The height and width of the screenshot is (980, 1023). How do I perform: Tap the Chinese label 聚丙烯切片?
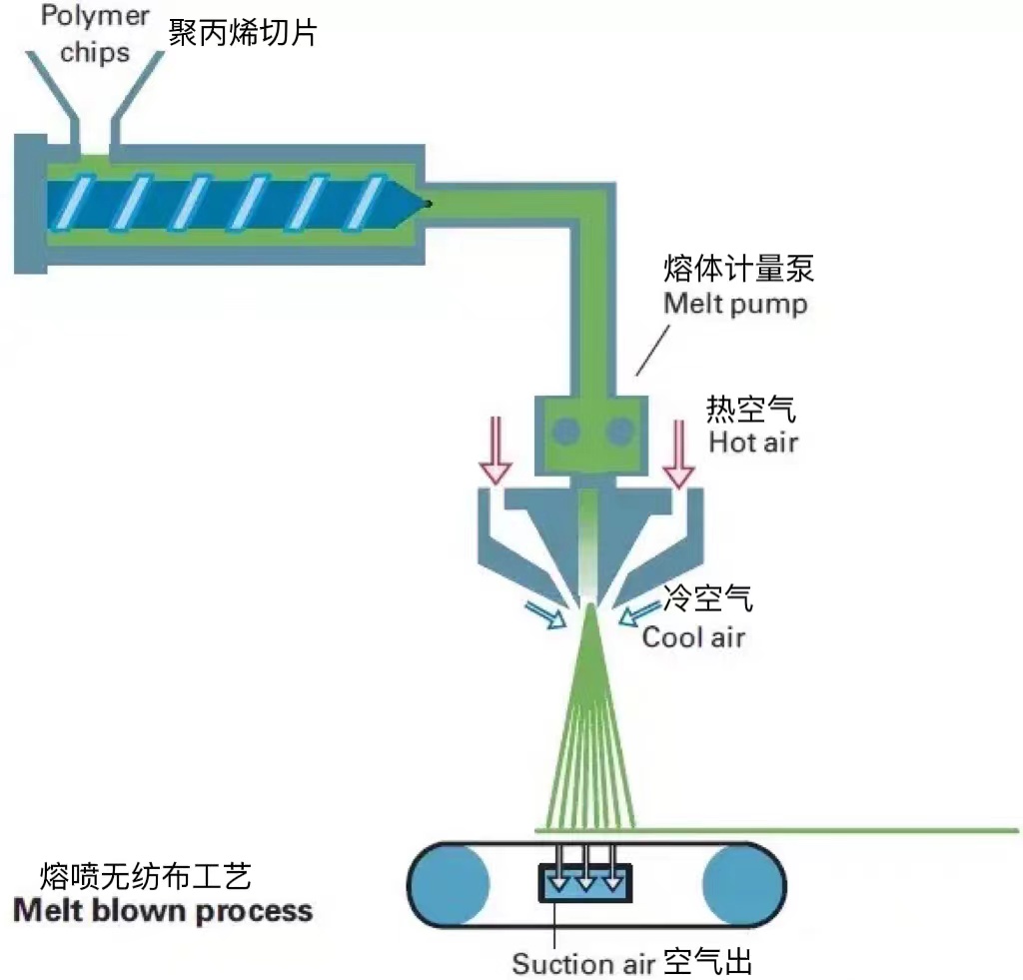pyautogui.click(x=243, y=33)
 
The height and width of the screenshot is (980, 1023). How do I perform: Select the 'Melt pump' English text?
pyautogui.click(x=735, y=304)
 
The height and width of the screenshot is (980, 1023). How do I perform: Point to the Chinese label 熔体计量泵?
pyautogui.click(x=738, y=269)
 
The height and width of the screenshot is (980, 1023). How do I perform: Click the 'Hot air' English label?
pyautogui.click(x=753, y=441)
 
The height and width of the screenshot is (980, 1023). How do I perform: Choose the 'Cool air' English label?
pyautogui.click(x=693, y=636)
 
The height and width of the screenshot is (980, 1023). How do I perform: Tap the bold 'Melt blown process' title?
pyautogui.click(x=162, y=911)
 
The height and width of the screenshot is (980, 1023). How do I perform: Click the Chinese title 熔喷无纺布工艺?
pyautogui.click(x=145, y=876)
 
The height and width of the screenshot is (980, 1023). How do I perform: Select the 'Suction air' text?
pyautogui.click(x=576, y=963)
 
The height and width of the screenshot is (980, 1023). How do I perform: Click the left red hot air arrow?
pyautogui.click(x=495, y=455)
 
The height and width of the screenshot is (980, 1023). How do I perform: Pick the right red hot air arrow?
pyautogui.click(x=679, y=455)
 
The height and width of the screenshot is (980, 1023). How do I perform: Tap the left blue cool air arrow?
pyautogui.click(x=545, y=616)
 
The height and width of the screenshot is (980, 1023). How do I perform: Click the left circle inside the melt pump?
pyautogui.click(x=566, y=431)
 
